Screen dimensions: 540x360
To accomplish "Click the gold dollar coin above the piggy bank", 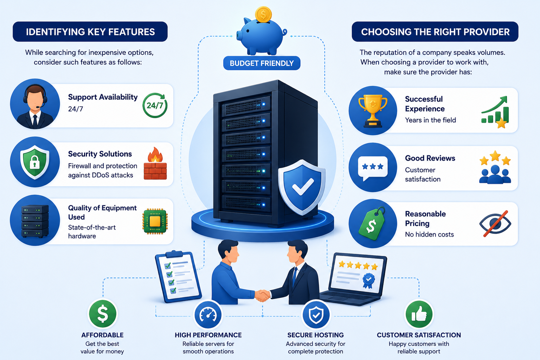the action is pos(263,14).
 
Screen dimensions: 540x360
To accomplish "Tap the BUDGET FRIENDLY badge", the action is pos(262,63).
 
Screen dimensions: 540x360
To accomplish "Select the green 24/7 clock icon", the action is pos(155,105).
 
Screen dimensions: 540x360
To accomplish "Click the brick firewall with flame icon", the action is pos(155,163).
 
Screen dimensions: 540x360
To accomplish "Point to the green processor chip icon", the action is pos(155,221).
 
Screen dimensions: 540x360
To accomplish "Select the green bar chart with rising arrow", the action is pos(495,112).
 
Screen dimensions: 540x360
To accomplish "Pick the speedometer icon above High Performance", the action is pos(208,314).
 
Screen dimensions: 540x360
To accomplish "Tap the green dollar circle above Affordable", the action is pos(103,314).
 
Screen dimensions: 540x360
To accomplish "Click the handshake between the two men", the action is pos(262,295).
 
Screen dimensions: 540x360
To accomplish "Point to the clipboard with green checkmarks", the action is pos(178,277).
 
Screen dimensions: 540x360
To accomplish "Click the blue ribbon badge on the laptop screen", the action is pos(368,280).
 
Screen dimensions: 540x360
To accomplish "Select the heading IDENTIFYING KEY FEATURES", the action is pos(90,32).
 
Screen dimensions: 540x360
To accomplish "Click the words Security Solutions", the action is pos(100,154).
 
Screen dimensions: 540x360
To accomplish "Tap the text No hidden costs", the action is pos(429,234).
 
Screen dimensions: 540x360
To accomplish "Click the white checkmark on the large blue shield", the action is pos(303,186).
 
